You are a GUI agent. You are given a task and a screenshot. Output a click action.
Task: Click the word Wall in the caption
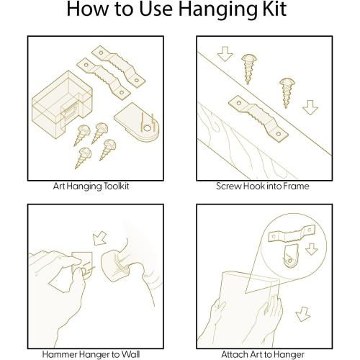pos(131,354)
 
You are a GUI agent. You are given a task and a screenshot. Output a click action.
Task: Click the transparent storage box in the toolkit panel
pos(62,104)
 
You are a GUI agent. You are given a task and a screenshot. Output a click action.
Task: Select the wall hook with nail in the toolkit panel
pos(137,122)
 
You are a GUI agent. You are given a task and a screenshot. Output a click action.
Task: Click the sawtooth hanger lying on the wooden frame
pos(258,119)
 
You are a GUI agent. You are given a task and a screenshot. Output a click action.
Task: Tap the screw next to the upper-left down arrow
pos(249,68)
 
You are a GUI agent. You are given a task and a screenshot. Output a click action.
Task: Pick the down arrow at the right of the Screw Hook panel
pos(310,107)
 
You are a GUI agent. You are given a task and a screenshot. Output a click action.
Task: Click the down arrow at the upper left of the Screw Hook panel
pos(225,54)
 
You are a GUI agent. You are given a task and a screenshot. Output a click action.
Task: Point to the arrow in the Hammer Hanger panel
pos(99,238)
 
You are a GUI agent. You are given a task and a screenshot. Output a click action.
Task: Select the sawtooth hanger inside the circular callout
pos(292,233)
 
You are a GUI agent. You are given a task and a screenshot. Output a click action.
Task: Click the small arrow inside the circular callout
pos(312,249)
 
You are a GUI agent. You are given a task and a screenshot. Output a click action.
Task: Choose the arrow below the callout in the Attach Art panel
pos(302,314)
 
